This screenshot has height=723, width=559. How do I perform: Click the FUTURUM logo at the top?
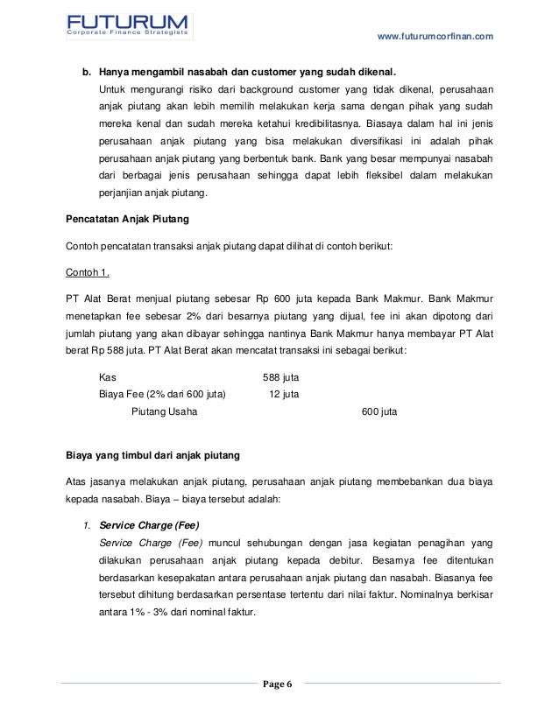130,21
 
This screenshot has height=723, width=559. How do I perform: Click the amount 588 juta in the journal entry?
281,377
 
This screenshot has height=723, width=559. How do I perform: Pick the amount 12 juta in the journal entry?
284,394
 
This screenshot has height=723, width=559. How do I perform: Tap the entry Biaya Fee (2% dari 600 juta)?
162,394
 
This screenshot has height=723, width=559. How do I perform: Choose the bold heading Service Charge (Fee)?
150,526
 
